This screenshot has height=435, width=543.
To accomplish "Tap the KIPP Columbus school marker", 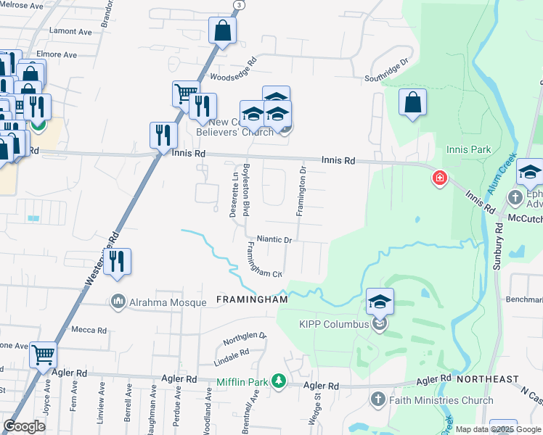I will pos(380,302).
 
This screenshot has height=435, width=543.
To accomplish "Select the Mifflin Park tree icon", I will pos(277,381).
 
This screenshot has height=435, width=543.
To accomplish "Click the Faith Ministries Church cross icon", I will pos(377,399).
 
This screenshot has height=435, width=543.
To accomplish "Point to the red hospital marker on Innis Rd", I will pos(439,178).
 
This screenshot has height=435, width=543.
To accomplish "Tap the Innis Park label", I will pos(469,150).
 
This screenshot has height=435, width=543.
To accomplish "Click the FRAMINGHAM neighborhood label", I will pos(253,299).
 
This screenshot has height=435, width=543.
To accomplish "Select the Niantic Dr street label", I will pos(274,239).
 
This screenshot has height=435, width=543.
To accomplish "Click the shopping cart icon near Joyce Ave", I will pos(44,355).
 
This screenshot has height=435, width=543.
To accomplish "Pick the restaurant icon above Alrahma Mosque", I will pos(117,262).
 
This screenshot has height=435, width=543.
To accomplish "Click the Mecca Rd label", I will pos(90,330).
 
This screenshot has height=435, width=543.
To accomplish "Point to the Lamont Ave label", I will pos(70,32).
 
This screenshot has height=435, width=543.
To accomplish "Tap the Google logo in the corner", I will pos(25,426).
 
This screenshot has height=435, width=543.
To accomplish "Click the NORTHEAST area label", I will pos(487,379).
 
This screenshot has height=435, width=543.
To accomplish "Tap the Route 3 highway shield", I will pos(238,4).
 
